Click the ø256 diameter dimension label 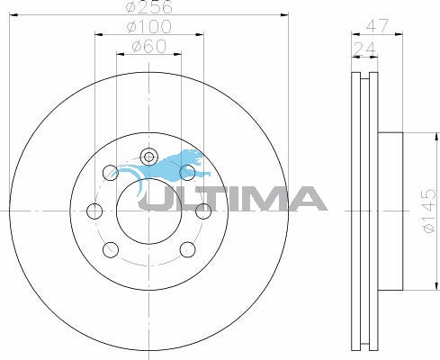click(x=149, y=6)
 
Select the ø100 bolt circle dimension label click(x=149, y=26)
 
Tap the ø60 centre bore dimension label click(x=148, y=47)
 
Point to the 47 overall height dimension click(x=377, y=26)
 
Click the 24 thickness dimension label click(x=364, y=49)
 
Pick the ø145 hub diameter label click(x=428, y=211)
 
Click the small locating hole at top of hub click(x=148, y=157)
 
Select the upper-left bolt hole click(x=111, y=173)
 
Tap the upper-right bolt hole click(x=187, y=173)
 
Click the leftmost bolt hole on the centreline click(x=94, y=211)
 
